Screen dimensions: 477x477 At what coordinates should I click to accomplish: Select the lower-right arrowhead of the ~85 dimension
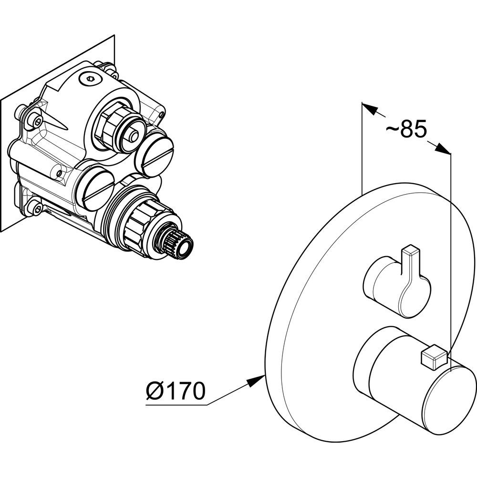(444, 149)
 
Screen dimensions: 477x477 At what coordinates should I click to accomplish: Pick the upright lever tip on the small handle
(410, 251)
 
